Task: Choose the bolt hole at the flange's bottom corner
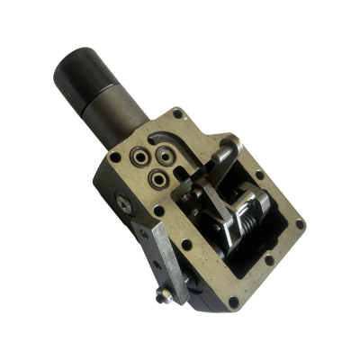coord(232,301)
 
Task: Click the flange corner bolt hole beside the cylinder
coord(177,115)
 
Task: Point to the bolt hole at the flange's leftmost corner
coord(114,157)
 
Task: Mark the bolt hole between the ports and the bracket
coord(159,209)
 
